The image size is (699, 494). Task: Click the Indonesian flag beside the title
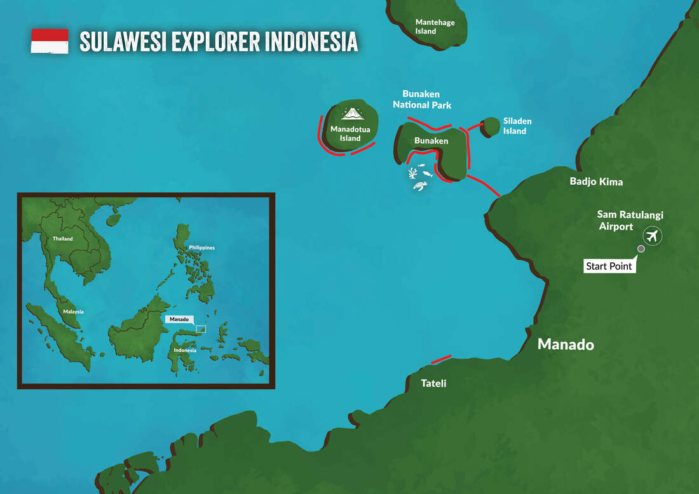[50, 41]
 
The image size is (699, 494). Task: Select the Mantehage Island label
[435, 27]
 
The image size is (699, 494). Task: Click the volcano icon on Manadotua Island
[351, 113]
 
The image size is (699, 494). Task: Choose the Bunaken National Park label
[422, 100]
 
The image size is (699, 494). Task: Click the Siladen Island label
[517, 126]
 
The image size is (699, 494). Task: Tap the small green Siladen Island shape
[491, 125]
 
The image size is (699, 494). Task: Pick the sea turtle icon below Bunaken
[419, 185]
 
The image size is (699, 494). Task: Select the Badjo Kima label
[596, 182]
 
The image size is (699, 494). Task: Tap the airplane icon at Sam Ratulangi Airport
[651, 236]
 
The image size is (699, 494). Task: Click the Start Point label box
[609, 266]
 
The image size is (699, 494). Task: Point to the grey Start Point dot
[641, 249]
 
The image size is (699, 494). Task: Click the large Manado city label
[566, 344]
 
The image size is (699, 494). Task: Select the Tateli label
[434, 384]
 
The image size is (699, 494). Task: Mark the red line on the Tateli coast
[441, 359]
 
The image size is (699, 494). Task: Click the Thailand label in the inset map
[63, 239]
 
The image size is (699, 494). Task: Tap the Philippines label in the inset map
[201, 247]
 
